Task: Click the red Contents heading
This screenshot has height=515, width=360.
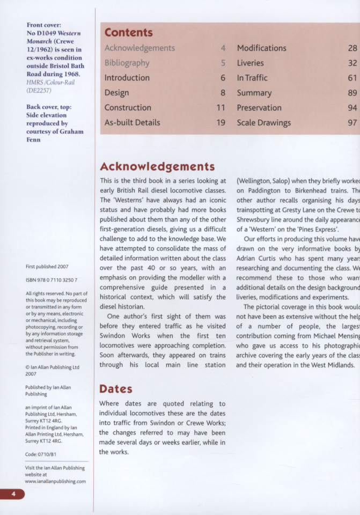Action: click(128, 33)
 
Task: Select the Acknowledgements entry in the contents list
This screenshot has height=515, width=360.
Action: click(139, 48)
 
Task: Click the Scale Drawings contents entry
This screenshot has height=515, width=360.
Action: click(263, 122)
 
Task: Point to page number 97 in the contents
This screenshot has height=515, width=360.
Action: click(352, 122)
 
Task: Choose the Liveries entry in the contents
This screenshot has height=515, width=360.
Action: click(250, 63)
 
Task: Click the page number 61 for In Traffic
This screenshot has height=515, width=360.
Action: click(352, 78)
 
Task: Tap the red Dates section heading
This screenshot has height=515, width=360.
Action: click(115, 388)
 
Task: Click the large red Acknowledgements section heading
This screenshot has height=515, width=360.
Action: click(157, 166)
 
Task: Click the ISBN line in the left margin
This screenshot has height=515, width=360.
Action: click(52, 280)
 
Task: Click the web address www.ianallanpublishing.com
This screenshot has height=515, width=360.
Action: click(55, 481)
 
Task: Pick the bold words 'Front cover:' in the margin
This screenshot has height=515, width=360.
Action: click(43, 25)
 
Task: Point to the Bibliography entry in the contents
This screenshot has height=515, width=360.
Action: click(127, 63)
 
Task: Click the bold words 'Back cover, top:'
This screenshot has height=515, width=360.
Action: click(49, 107)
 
